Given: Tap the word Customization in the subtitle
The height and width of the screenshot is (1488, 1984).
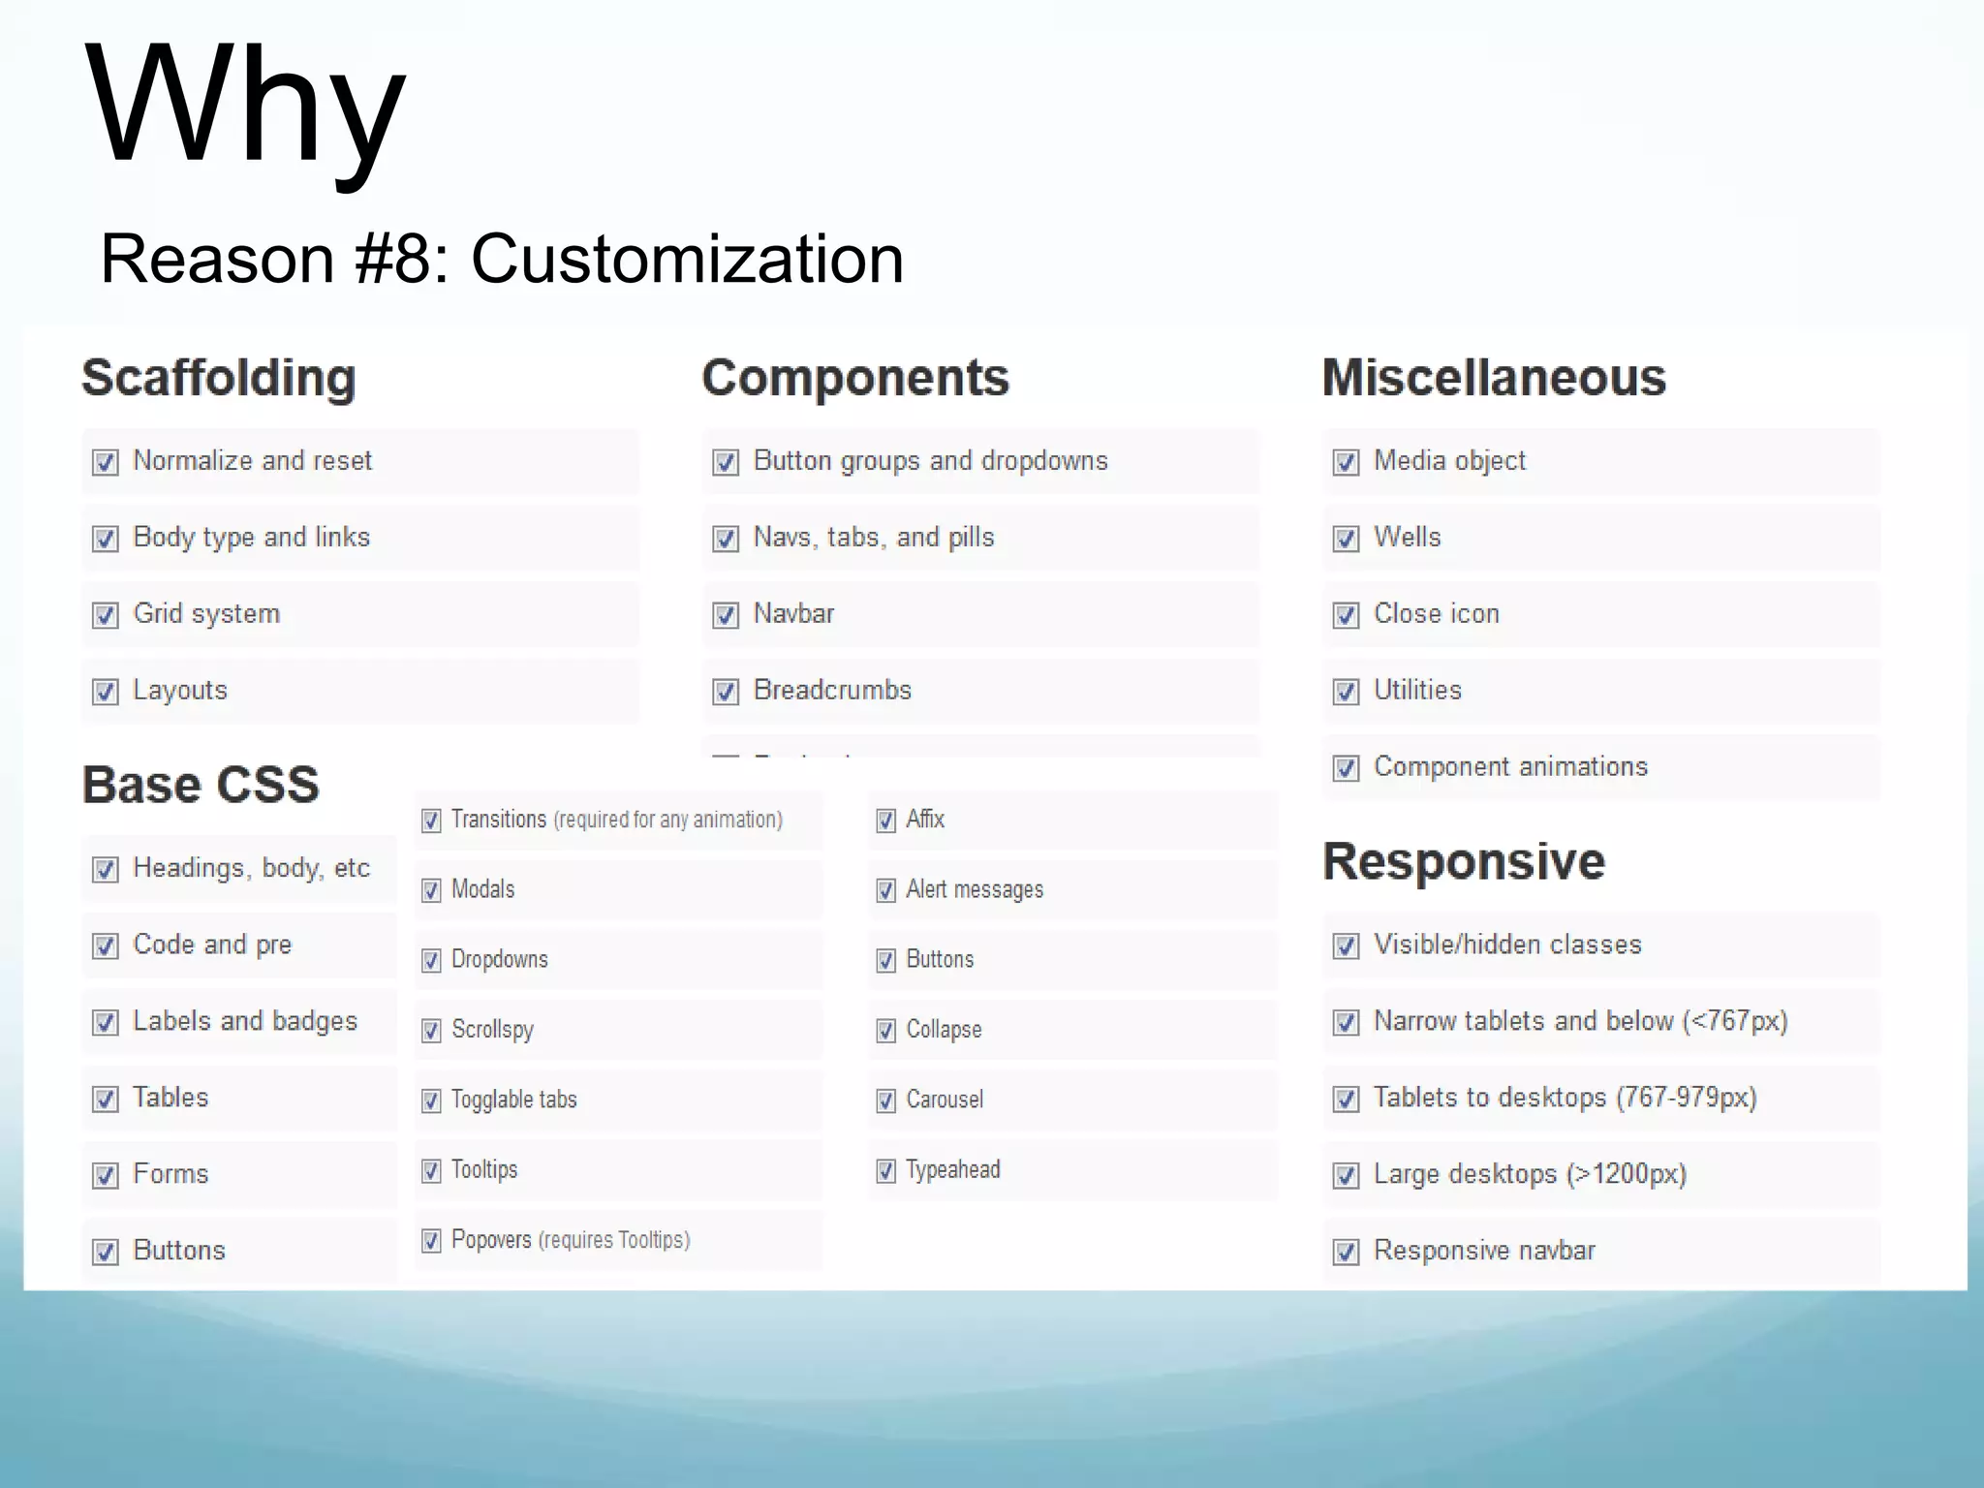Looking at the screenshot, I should point(687,260).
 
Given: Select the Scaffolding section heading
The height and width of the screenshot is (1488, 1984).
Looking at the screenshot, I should point(219,378).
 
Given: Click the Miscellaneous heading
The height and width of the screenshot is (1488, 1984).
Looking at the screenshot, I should point(1494,378).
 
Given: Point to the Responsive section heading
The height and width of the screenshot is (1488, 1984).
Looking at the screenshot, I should point(1464,861).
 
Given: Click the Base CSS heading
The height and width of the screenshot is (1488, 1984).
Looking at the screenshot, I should point(201,785).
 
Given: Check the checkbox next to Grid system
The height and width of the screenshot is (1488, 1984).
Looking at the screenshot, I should point(106,615).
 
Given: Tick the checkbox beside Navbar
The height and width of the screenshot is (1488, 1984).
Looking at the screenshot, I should point(726,615).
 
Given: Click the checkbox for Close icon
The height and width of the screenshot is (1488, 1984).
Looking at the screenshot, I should point(1346,615).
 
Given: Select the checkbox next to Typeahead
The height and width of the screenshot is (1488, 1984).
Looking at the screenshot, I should point(885,1171).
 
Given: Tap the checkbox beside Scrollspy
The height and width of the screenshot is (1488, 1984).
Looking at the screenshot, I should point(431,1031).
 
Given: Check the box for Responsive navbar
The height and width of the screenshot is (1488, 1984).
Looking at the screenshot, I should point(1346,1252).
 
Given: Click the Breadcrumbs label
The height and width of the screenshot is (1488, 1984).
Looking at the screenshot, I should point(832,690).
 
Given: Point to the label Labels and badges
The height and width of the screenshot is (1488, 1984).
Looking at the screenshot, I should point(245,1021).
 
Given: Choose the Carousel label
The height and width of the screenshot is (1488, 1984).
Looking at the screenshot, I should point(945,1100).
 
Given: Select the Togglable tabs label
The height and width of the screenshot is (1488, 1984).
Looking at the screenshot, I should point(513,1100).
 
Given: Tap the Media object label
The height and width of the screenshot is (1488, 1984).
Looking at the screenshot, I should point(1449,460).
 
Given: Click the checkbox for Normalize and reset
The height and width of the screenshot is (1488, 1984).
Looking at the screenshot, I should point(106,462).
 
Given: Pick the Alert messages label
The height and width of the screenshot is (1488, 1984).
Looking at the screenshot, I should point(975,889).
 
